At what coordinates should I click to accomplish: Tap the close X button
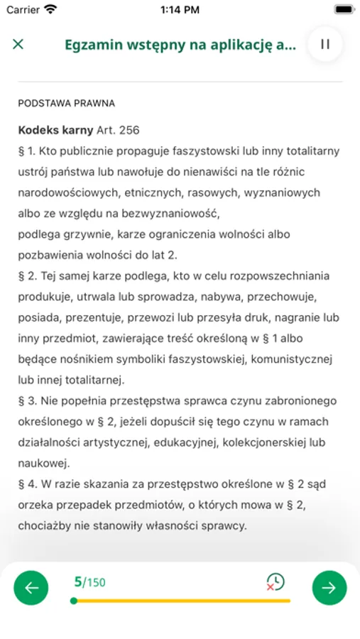pos(18,44)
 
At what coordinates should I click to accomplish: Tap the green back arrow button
pos(31,587)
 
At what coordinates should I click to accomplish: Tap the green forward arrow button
pos(329,587)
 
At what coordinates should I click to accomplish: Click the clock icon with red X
pos(275,582)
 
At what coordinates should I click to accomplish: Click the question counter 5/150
pos(89,582)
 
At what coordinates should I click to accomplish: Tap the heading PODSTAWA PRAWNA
pos(66,103)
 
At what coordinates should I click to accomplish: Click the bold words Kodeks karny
pos(55,130)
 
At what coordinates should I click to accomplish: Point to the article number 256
pos(129,130)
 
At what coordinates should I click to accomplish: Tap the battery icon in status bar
pos(343,9)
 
